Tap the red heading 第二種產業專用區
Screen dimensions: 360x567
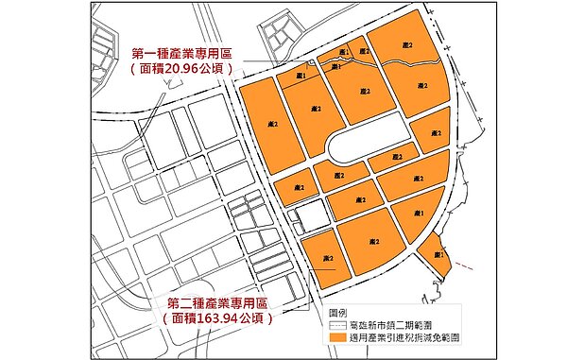(x=218, y=302)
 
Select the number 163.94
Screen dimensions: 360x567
(x=219, y=319)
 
